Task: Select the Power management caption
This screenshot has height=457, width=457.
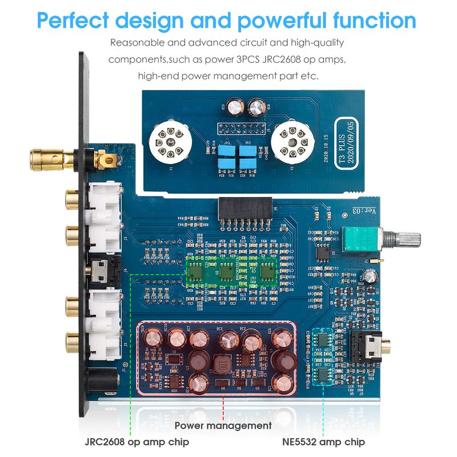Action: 223,425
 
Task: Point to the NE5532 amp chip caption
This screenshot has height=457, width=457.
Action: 323,442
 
